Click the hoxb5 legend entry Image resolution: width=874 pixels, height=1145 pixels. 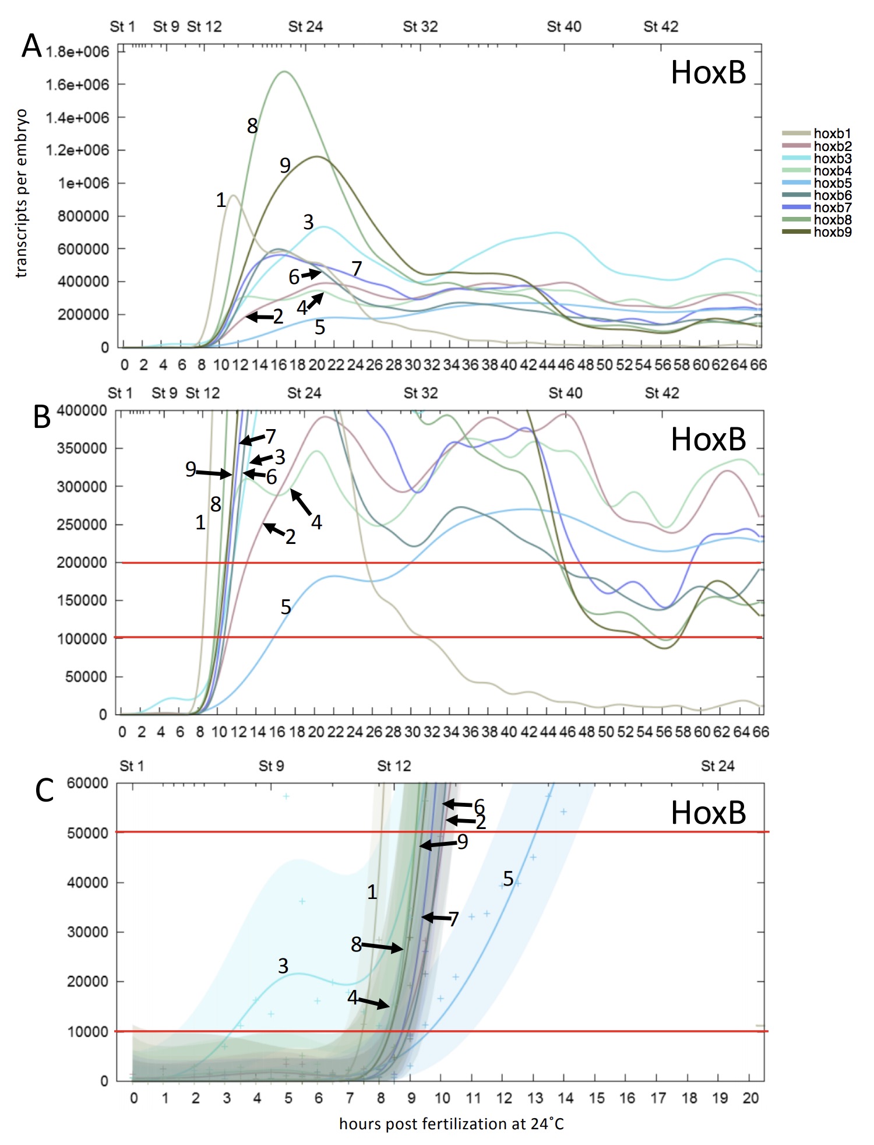click(x=832, y=183)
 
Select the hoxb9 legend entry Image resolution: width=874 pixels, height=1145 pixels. click(x=832, y=232)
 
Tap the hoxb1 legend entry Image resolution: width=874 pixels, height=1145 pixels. click(x=832, y=134)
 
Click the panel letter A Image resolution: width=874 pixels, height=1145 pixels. click(x=31, y=46)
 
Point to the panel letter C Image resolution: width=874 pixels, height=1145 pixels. click(x=44, y=791)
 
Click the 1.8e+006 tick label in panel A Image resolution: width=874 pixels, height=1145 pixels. click(x=77, y=52)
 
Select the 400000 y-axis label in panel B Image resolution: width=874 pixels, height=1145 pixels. click(x=82, y=410)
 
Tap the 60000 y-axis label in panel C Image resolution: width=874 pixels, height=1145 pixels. click(x=87, y=783)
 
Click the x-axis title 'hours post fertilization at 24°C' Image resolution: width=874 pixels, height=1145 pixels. click(x=452, y=1124)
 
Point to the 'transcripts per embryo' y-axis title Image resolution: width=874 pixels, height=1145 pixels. click(x=22, y=193)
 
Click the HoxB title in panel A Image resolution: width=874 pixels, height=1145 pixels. click(x=708, y=73)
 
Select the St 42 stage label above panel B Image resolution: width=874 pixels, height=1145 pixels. click(x=662, y=393)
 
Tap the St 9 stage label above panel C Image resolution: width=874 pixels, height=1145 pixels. click(x=271, y=765)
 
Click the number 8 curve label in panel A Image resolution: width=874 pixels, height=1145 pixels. click(x=252, y=126)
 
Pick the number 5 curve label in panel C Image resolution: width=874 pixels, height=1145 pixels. click(x=508, y=879)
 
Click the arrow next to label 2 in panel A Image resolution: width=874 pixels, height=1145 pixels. click(x=259, y=317)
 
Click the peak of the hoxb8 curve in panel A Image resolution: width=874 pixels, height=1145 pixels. click(x=284, y=72)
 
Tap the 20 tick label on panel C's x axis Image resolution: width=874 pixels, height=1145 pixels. click(x=750, y=1098)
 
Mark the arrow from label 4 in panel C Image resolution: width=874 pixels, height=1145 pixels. click(x=373, y=1003)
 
